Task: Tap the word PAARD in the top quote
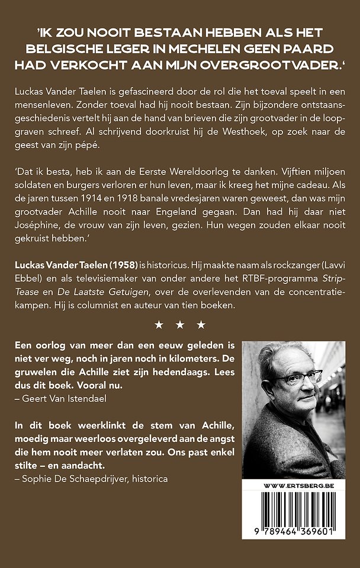[312, 48]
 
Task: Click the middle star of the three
[179, 324]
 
